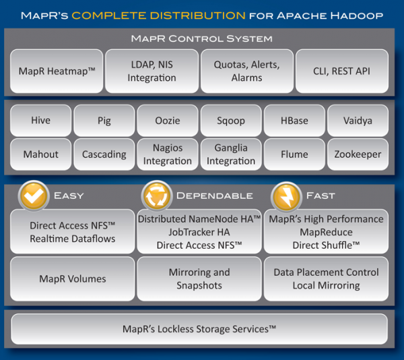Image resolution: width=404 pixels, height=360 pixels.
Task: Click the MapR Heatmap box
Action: click(x=57, y=71)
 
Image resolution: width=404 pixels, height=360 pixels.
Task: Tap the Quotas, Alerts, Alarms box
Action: click(x=246, y=71)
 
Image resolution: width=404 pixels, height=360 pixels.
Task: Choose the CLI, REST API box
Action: click(x=341, y=71)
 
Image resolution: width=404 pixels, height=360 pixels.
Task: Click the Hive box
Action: click(x=40, y=121)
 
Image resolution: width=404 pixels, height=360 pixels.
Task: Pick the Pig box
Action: click(x=104, y=121)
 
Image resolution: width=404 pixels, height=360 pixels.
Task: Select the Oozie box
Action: click(x=167, y=121)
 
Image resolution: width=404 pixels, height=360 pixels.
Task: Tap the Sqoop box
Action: click(x=231, y=121)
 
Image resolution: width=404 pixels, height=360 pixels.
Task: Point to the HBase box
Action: click(x=294, y=121)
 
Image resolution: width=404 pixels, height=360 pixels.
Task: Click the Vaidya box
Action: click(x=358, y=121)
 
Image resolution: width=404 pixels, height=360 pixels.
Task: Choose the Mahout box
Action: click(x=40, y=154)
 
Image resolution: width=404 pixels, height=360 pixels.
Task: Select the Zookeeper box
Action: click(x=358, y=154)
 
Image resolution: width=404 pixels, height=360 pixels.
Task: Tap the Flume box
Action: click(x=294, y=154)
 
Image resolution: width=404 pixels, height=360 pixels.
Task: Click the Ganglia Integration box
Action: click(x=231, y=154)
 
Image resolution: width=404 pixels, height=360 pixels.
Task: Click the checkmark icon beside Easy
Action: click(x=32, y=196)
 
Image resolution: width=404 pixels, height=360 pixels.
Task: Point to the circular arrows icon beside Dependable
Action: click(x=156, y=196)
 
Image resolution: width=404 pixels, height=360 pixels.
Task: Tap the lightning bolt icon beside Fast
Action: click(x=285, y=196)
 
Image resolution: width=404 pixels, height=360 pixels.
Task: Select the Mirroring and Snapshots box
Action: click(x=199, y=278)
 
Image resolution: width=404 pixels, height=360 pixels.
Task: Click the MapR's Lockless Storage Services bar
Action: click(x=199, y=329)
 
